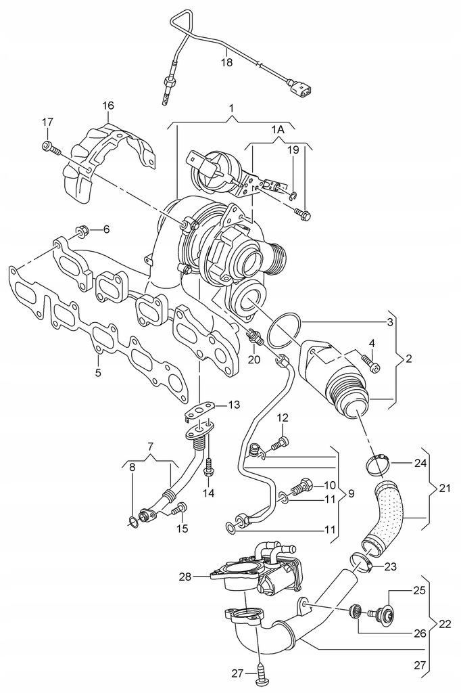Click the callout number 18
coord(227,62)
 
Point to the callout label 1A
coord(278,129)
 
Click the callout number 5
coord(99,372)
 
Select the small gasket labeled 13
coord(201,407)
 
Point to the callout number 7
coord(151,447)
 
